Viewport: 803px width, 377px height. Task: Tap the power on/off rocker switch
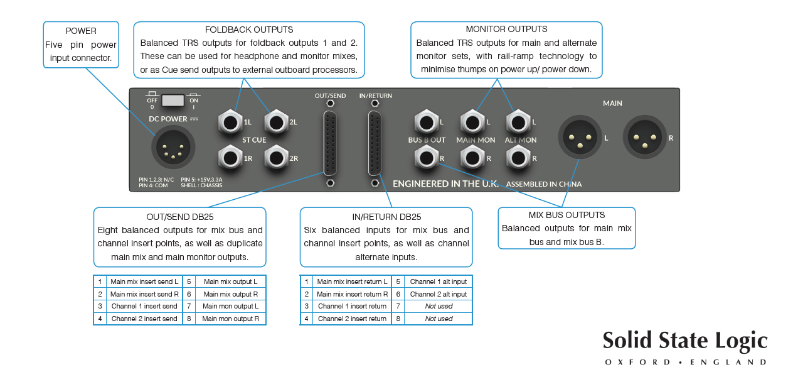point(173,101)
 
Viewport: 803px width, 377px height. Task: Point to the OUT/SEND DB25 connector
point(331,143)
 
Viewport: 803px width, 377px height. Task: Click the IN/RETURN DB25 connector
point(375,143)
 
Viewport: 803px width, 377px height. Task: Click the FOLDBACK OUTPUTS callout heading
point(249,30)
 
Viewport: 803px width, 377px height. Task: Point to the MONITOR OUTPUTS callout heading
point(506,29)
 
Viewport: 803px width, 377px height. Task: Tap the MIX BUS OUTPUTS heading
point(566,215)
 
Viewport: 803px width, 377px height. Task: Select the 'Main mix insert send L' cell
point(144,281)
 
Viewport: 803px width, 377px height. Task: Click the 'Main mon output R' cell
point(231,319)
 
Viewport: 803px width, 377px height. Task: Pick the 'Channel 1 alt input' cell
point(439,281)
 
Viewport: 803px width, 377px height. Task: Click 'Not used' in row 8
point(439,319)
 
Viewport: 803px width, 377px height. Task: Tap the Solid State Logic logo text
point(685,341)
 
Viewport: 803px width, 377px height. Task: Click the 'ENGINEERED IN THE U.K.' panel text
point(445,183)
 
